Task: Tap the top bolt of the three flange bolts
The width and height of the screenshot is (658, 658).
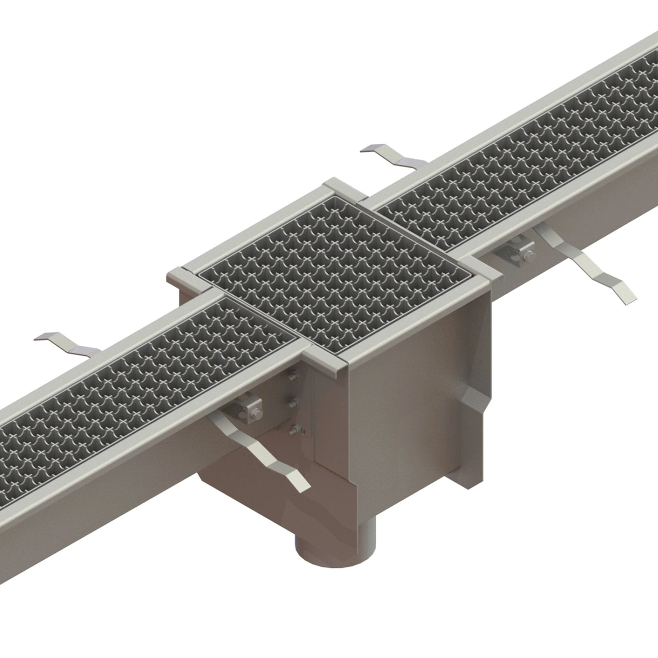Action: coord(293,375)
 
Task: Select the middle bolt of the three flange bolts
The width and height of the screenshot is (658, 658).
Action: coord(293,403)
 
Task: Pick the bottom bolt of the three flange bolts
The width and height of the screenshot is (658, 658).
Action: coord(294,431)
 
